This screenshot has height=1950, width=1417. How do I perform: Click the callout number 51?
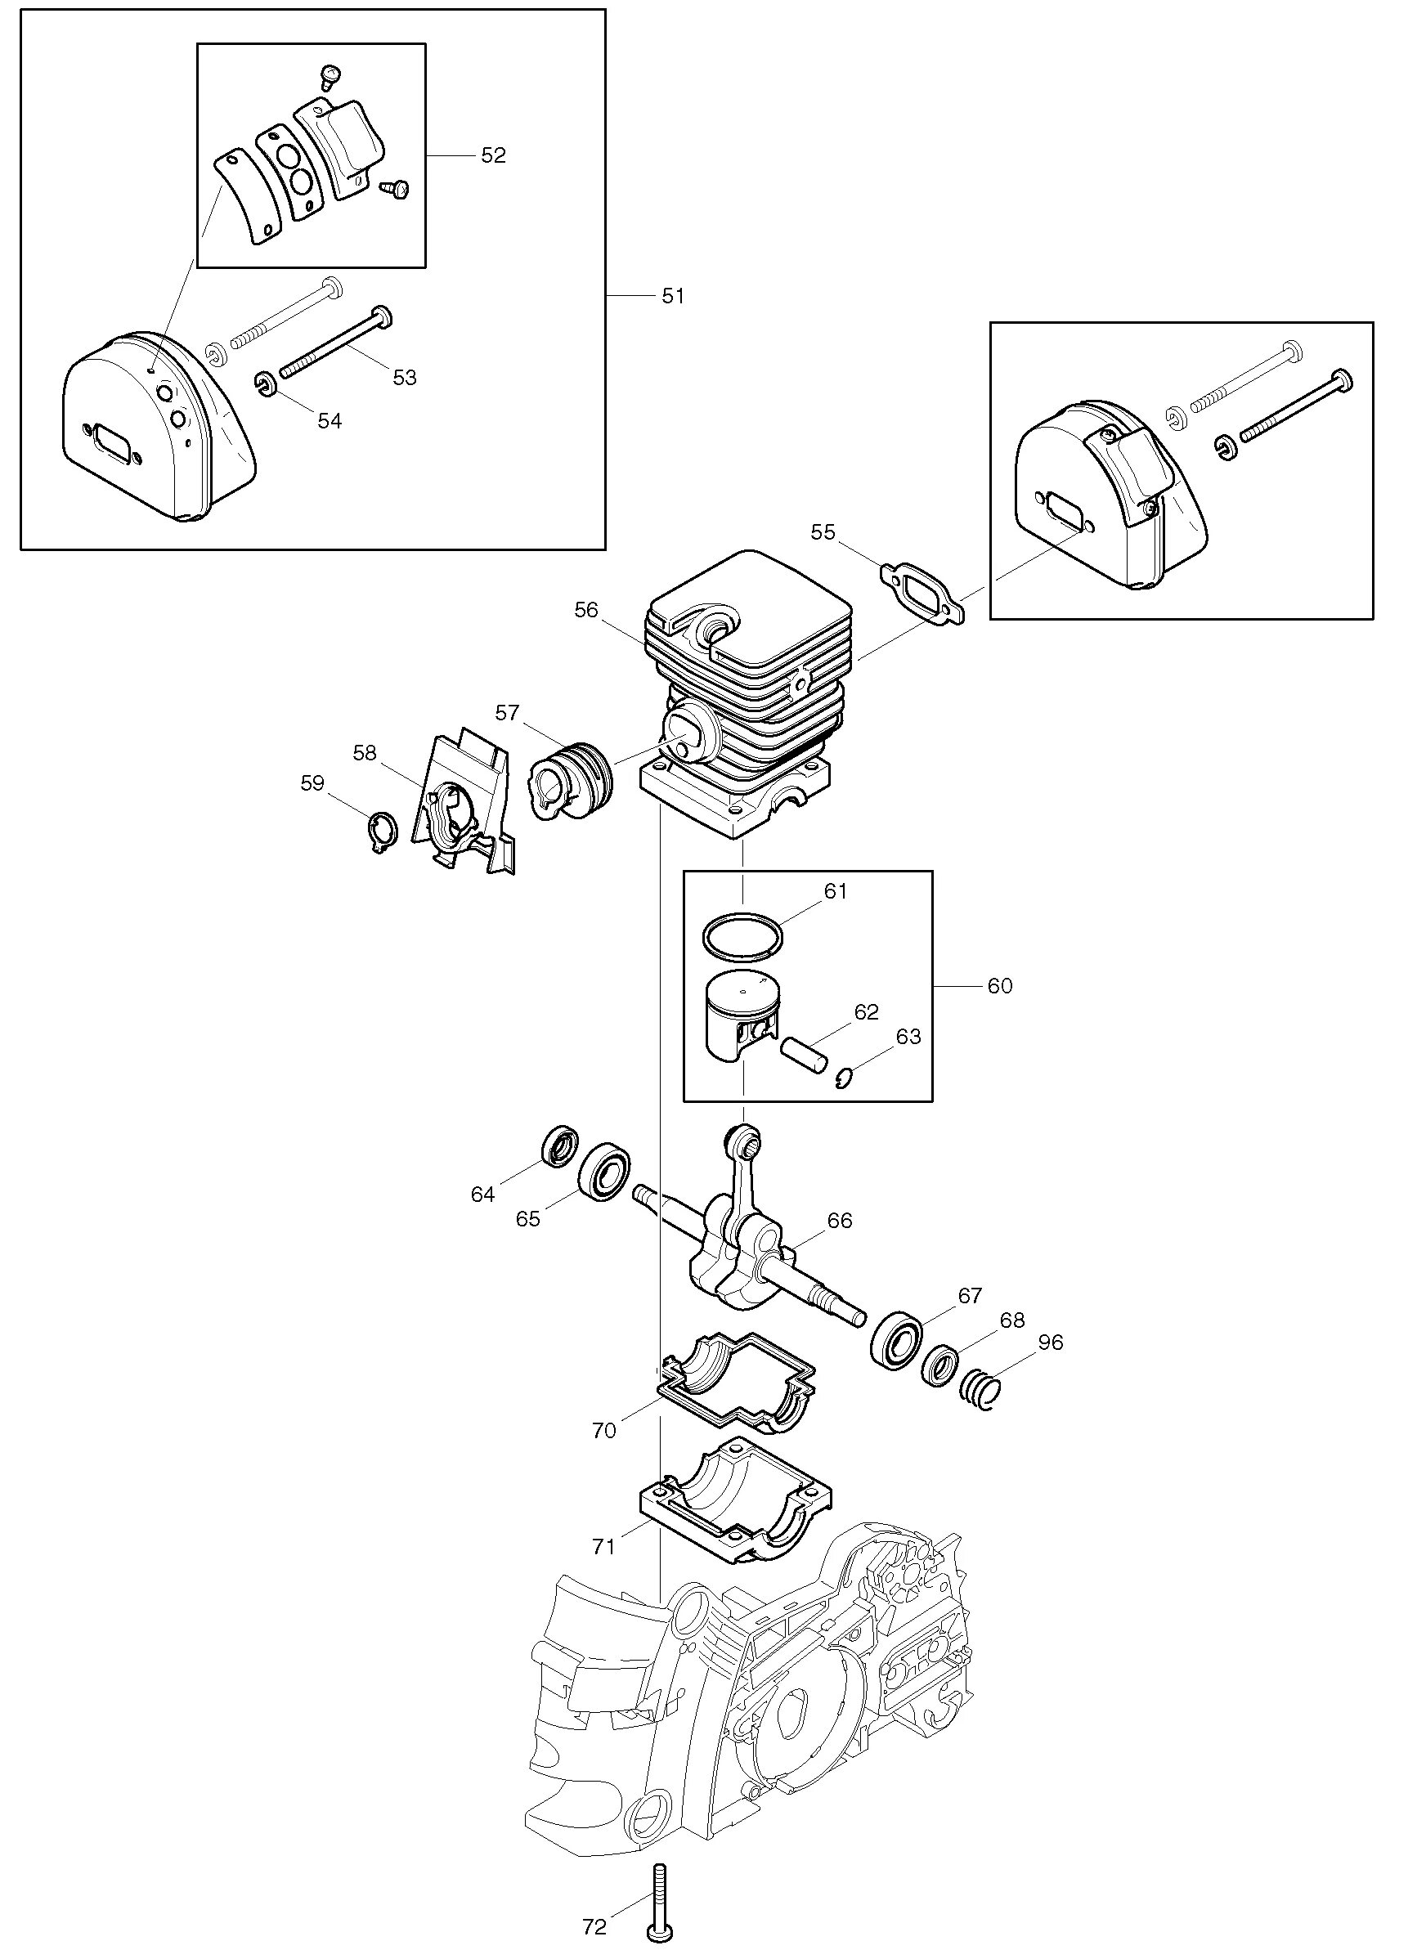tap(672, 296)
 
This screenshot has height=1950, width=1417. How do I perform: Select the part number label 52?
tap(493, 155)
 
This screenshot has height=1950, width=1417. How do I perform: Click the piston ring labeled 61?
tap(744, 935)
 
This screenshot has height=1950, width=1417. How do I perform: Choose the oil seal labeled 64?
tap(561, 1145)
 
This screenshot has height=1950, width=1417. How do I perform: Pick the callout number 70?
tap(603, 1430)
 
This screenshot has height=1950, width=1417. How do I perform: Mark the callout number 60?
tap(999, 985)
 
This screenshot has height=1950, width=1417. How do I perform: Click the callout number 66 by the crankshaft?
tap(839, 1220)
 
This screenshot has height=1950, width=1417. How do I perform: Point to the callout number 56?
tap(585, 610)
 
